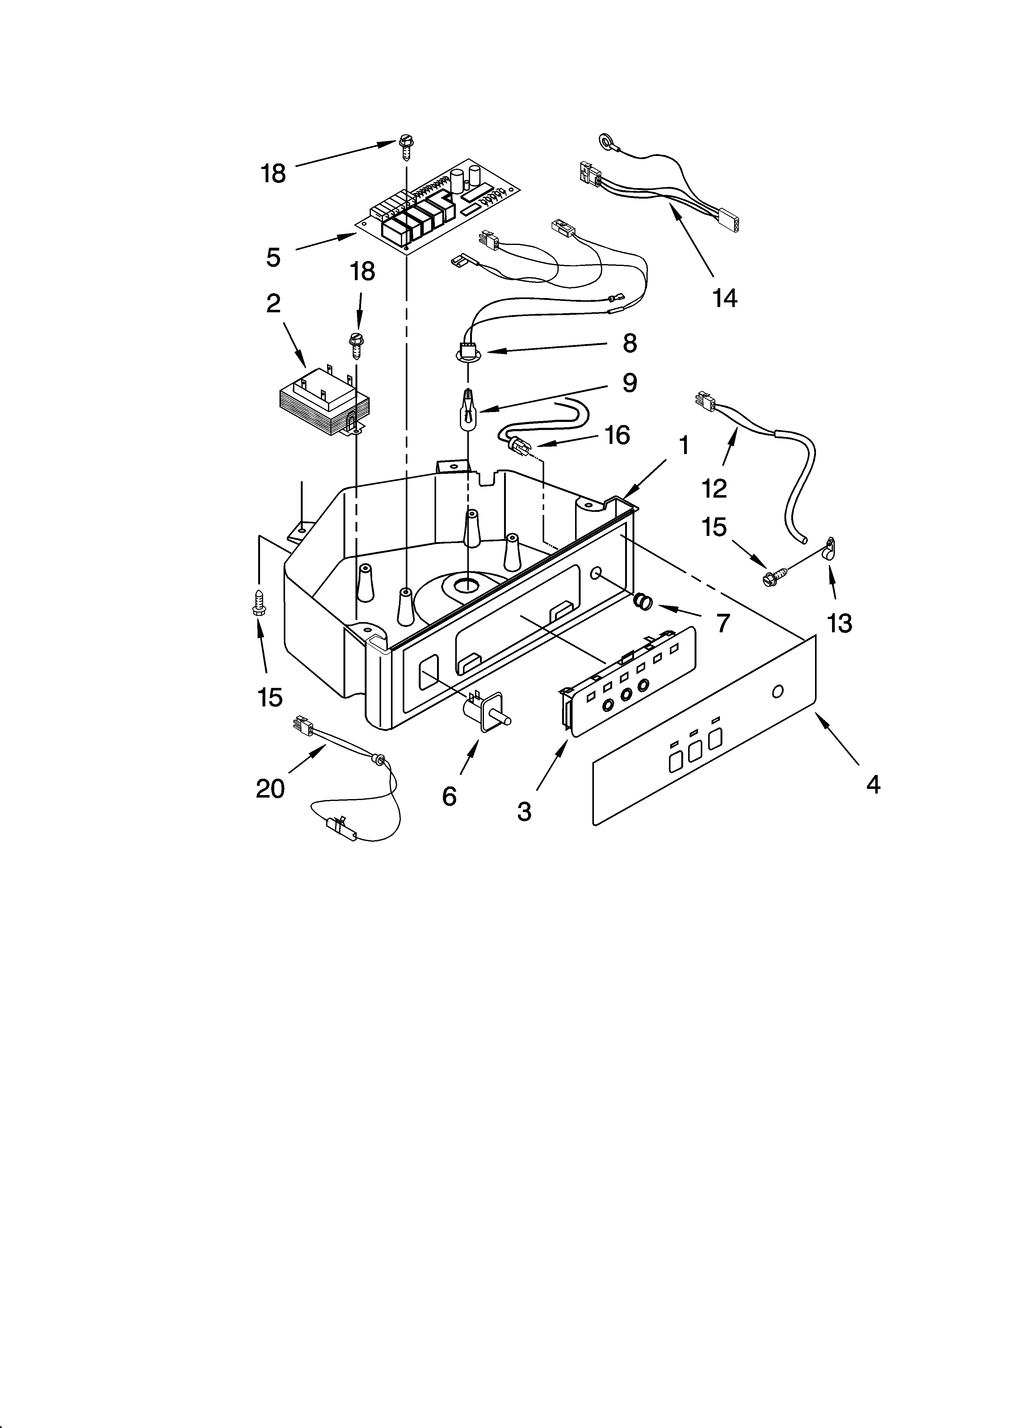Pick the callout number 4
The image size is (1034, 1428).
[x=873, y=784]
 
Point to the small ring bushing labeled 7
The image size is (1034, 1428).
[x=642, y=602]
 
